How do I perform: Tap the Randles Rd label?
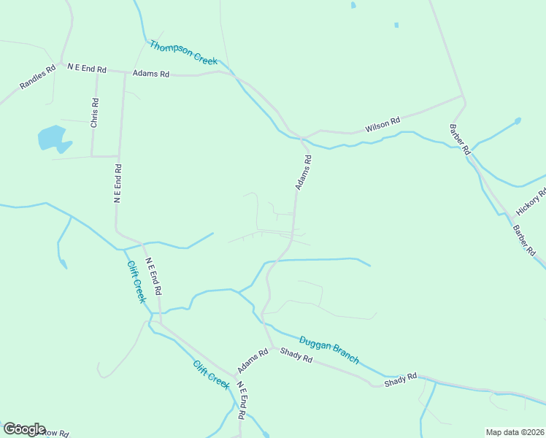point(37,78)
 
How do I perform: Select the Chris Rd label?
point(94,113)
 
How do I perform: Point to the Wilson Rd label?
point(382,126)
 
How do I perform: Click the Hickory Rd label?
point(531,201)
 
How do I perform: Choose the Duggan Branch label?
point(329,349)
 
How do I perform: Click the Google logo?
point(24,429)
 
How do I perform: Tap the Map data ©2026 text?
point(515,432)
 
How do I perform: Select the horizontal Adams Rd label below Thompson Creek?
point(151,74)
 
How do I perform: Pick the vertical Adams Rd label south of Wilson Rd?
point(304,172)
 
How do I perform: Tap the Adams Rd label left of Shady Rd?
point(253,361)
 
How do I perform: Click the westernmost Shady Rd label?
point(296,356)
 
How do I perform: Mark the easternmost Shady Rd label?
point(400,380)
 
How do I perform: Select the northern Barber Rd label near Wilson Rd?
point(459,139)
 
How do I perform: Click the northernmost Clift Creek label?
point(136,282)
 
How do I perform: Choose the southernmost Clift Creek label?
point(212,374)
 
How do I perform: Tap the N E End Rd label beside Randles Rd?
point(87,69)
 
